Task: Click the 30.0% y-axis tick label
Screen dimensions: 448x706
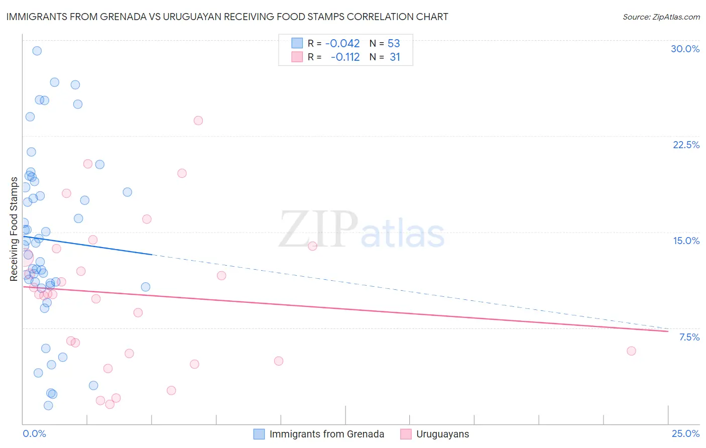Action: [x=685, y=49]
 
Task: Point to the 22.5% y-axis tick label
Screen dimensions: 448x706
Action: [x=686, y=145]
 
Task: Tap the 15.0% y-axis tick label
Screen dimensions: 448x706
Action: [x=686, y=241]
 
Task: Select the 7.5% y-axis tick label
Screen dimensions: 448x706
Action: [x=689, y=337]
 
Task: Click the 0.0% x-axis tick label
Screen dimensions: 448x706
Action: [x=34, y=433]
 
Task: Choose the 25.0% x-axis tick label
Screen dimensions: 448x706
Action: [x=685, y=433]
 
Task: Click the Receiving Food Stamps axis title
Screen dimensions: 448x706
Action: [x=14, y=229]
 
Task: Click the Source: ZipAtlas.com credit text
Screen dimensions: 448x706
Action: [x=661, y=17]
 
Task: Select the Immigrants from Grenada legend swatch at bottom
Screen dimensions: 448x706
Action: [x=259, y=434]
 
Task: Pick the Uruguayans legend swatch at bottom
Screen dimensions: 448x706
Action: [x=406, y=434]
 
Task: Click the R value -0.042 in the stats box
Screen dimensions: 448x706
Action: [x=342, y=44]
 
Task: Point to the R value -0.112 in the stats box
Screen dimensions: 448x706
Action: [x=345, y=57]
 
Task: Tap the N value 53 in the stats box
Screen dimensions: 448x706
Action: [x=394, y=44]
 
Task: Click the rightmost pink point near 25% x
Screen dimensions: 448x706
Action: [x=631, y=351]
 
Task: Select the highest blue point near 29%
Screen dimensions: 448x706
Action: [x=37, y=51]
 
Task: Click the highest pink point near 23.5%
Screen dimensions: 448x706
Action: [x=198, y=121]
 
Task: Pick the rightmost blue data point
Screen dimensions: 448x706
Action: [x=146, y=287]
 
